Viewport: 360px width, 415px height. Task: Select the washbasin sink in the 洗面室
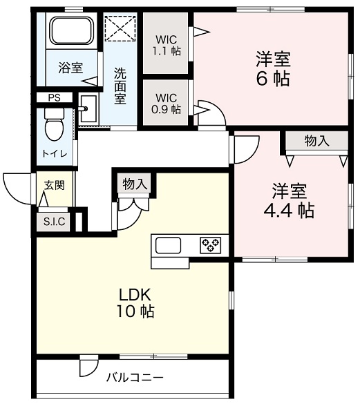point(88,108)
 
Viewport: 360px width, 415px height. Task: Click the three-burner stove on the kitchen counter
point(211,245)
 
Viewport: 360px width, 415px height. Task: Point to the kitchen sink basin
point(168,245)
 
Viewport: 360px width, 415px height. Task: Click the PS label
point(55,98)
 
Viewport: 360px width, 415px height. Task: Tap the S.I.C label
point(55,222)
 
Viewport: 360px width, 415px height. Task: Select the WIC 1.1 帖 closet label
point(167,45)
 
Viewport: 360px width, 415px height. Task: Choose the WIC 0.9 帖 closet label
point(166,103)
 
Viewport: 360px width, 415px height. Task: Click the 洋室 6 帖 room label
point(273,68)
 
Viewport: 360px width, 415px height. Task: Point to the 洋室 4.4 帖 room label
point(289,200)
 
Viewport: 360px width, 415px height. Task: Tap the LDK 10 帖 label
point(135,302)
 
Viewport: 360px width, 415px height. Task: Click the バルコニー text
point(135,377)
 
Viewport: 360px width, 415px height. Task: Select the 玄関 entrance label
point(55,185)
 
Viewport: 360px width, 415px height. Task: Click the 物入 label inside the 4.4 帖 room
point(317,140)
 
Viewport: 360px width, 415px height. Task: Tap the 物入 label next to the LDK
point(135,184)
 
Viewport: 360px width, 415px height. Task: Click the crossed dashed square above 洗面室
point(120,28)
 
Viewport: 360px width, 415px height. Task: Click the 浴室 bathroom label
point(70,68)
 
